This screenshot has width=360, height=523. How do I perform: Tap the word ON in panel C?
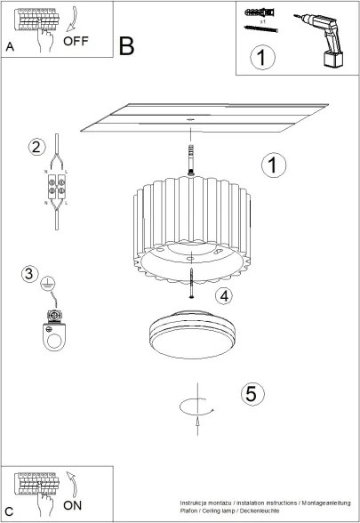pyautogui.click(x=76, y=504)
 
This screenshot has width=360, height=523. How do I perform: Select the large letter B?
pyautogui.click(x=127, y=45)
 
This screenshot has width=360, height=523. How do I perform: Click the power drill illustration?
pyautogui.click(x=325, y=40)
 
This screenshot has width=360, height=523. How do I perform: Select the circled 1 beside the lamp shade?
pyautogui.click(x=275, y=165)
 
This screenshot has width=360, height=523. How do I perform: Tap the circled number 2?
pyautogui.click(x=36, y=147)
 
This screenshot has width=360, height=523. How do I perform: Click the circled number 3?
pyautogui.click(x=30, y=274)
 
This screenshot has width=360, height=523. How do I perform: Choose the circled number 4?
pyautogui.click(x=224, y=295)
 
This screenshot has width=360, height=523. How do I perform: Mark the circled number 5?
pyautogui.click(x=252, y=392)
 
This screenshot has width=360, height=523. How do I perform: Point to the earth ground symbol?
pyautogui.click(x=52, y=281)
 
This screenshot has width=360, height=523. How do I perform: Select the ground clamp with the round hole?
pyautogui.click(x=56, y=332)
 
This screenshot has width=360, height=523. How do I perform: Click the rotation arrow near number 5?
pyautogui.click(x=196, y=408)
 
